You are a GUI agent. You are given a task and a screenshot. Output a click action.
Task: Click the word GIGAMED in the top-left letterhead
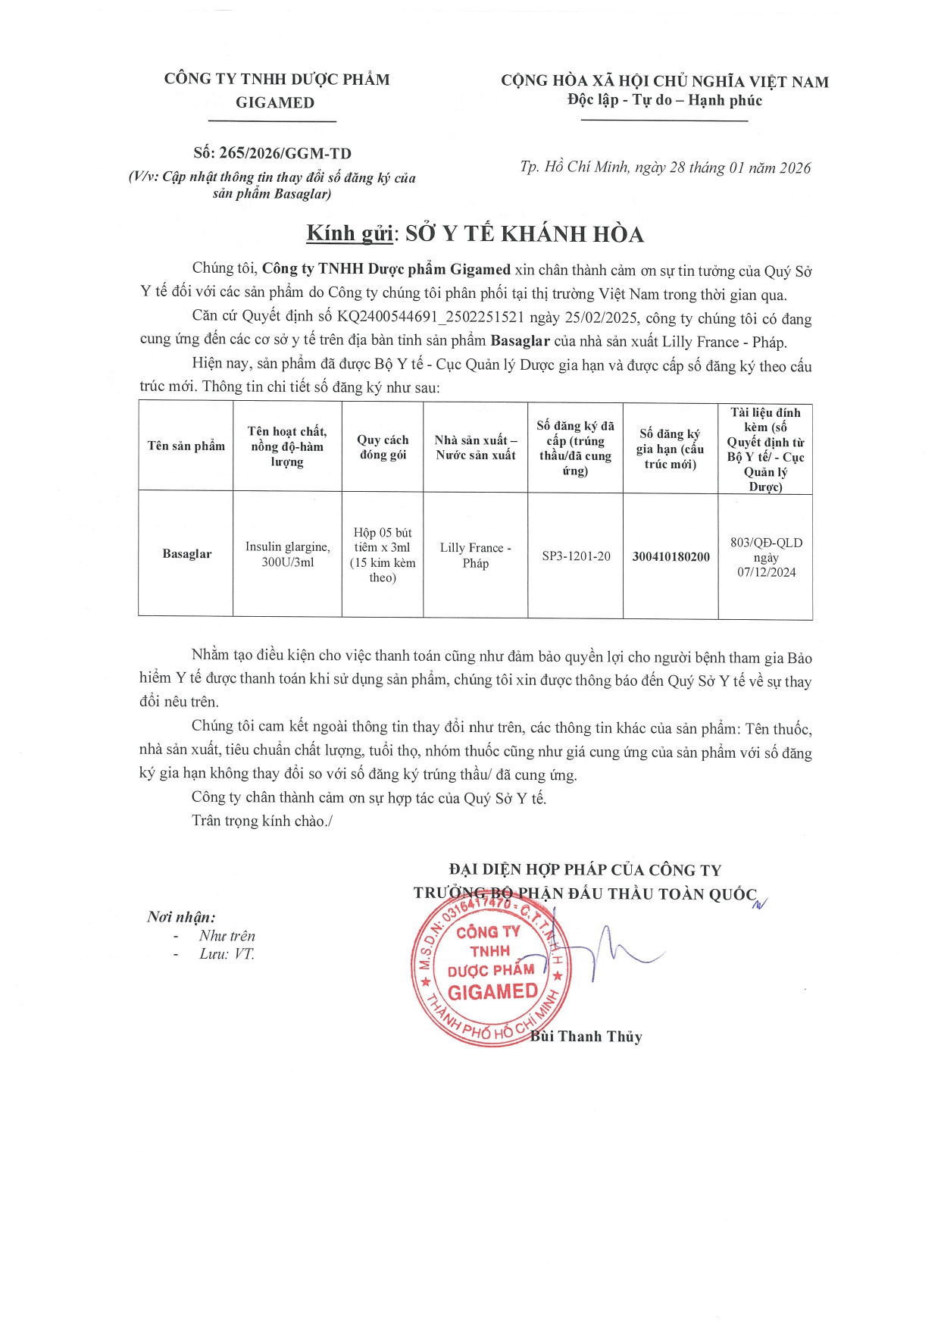tap(274, 103)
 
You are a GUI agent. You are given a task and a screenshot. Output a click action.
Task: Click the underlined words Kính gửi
tap(349, 233)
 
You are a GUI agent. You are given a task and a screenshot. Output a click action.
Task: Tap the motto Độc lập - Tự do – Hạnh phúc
tap(664, 101)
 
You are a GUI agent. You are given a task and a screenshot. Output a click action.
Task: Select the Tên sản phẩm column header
tap(186, 446)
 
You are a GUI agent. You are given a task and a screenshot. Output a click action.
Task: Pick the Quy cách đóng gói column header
tap(383, 447)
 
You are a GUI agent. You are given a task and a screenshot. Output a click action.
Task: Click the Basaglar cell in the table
tap(187, 554)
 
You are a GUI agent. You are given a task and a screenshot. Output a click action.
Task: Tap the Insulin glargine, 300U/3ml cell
tap(287, 554)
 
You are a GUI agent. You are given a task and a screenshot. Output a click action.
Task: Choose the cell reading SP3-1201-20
tap(576, 556)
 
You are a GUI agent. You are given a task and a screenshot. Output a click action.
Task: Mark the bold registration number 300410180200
tap(671, 556)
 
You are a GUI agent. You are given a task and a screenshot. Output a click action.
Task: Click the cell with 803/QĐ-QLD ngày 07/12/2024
tap(766, 557)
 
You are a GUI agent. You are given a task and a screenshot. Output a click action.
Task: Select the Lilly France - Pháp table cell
tap(475, 555)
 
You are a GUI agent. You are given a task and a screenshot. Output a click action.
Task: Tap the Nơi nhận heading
tap(181, 917)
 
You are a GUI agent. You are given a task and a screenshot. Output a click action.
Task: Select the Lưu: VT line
tap(227, 954)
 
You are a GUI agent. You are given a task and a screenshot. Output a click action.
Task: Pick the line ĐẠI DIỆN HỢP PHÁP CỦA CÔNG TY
tap(585, 870)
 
